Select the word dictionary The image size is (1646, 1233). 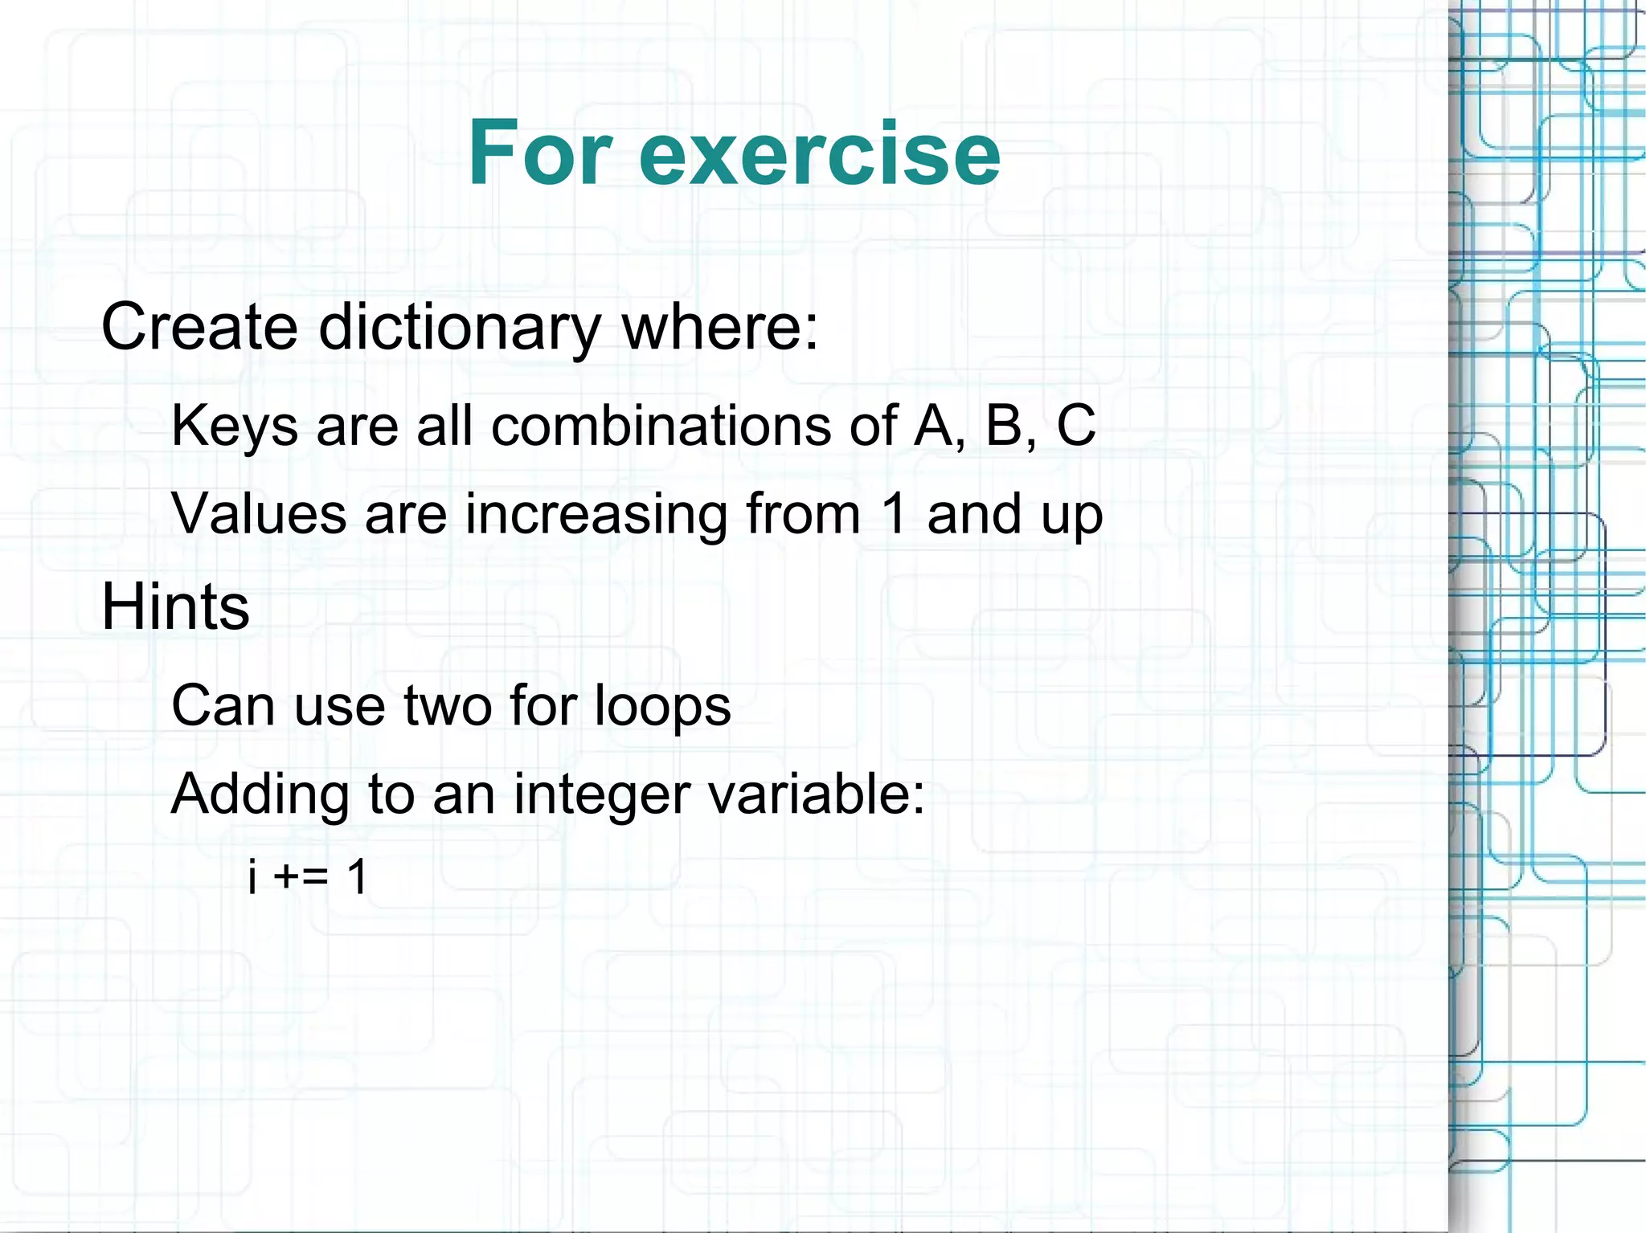tap(460, 329)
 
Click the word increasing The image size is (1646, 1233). tap(596, 515)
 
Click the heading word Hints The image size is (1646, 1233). tap(175, 606)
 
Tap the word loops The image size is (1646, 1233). tap(662, 705)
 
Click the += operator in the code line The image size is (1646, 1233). tap(301, 876)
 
